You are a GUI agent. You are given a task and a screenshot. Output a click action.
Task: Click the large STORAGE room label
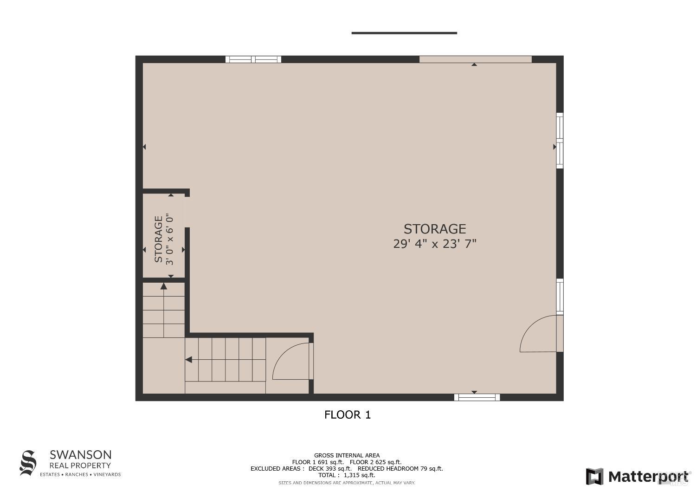(434, 229)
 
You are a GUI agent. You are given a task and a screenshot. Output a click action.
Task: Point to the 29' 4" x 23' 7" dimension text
(434, 244)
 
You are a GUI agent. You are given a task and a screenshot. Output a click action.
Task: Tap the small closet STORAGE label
(159, 239)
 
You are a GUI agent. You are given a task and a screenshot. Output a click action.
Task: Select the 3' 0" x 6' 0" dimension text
(170, 239)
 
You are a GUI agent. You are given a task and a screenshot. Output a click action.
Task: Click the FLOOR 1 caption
(348, 415)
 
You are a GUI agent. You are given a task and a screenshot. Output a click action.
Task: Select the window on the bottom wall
(477, 397)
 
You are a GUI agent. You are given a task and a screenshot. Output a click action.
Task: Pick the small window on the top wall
(253, 59)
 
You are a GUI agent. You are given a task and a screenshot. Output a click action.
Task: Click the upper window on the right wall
(560, 140)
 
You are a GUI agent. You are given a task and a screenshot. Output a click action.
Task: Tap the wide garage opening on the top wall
(475, 59)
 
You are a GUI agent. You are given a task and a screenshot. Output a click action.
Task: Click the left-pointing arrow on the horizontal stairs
(189, 359)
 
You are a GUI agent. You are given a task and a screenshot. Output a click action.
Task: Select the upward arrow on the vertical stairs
(163, 286)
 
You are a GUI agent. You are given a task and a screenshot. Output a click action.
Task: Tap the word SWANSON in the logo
(81, 454)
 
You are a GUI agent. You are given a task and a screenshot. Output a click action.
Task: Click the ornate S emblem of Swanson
(28, 463)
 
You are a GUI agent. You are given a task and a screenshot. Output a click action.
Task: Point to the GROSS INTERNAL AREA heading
(347, 455)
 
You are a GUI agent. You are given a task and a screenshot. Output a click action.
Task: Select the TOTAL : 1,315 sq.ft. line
(347, 475)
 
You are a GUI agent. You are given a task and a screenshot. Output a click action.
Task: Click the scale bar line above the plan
(404, 33)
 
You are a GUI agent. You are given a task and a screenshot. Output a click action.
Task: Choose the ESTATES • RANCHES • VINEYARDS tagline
(80, 474)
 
